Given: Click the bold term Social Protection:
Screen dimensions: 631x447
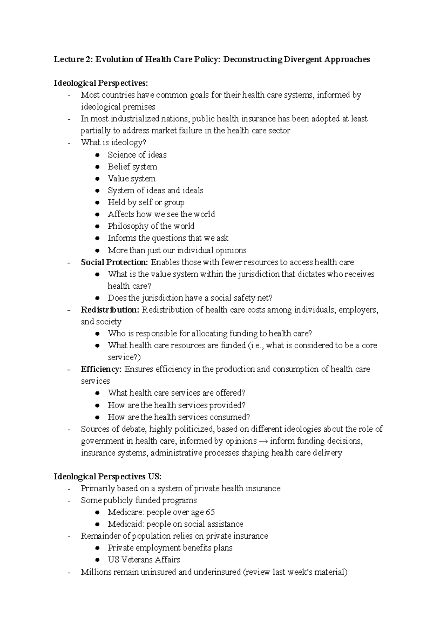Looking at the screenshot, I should (x=115, y=262).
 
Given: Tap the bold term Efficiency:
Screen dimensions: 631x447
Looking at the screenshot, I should (x=101, y=370).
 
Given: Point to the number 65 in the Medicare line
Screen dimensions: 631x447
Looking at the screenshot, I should (x=210, y=512).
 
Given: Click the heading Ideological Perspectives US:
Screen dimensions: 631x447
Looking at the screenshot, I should (x=108, y=477).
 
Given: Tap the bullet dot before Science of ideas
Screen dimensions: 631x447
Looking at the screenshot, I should (x=97, y=155).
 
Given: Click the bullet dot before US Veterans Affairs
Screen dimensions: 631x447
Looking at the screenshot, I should (x=97, y=560).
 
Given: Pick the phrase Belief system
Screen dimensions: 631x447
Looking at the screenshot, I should (x=132, y=167).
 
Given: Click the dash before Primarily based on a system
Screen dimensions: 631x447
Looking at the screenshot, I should (x=69, y=489).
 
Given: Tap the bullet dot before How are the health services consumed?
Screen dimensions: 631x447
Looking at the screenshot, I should (x=97, y=417).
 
